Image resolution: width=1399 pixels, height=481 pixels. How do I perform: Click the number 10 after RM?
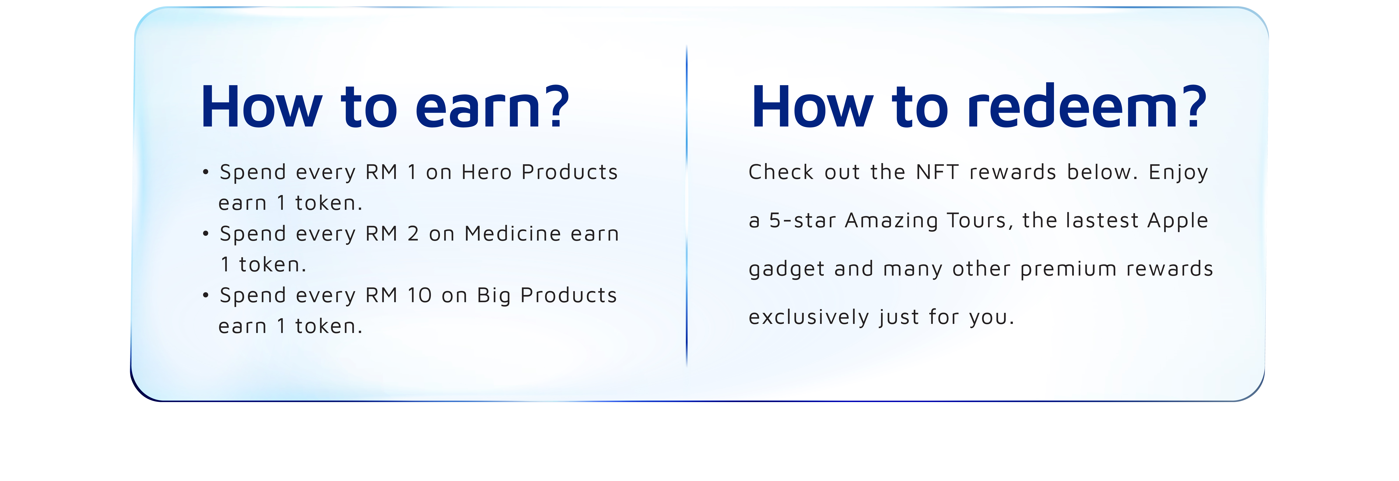[419, 296]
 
